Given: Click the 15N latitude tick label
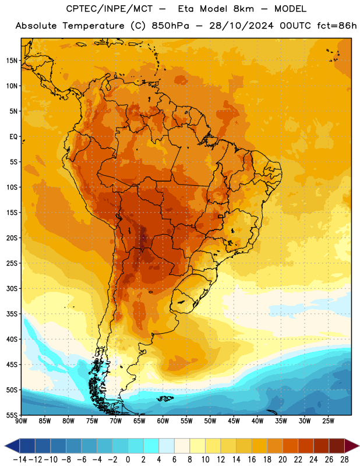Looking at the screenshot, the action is [x=11, y=61].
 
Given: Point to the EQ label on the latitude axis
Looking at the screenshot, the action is [x=13, y=137].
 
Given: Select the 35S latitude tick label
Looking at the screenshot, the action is [x=11, y=314].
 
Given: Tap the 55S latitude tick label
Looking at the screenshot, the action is [x=11, y=415].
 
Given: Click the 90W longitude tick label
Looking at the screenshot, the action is [x=22, y=421].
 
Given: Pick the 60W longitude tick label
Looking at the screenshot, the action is [x=163, y=421].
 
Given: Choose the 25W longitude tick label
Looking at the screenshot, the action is [x=328, y=421].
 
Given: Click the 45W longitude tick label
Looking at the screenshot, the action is [x=234, y=421].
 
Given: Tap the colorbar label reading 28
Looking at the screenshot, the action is [x=344, y=460].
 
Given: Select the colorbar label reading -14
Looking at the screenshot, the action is [x=20, y=460].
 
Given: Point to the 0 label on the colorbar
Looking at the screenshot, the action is [x=128, y=460].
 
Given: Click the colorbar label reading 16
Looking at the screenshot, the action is [x=252, y=460].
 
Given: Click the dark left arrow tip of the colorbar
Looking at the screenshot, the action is [x=5, y=446].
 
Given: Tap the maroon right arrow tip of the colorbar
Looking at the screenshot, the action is [x=358, y=446].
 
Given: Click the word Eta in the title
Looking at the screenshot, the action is [x=186, y=9].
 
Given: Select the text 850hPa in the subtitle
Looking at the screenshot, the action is [x=170, y=26].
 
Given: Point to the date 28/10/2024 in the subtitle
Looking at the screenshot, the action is [x=241, y=26].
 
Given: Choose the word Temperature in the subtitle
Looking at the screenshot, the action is [x=93, y=26].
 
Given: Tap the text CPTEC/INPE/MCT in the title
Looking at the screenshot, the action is [x=110, y=9].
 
